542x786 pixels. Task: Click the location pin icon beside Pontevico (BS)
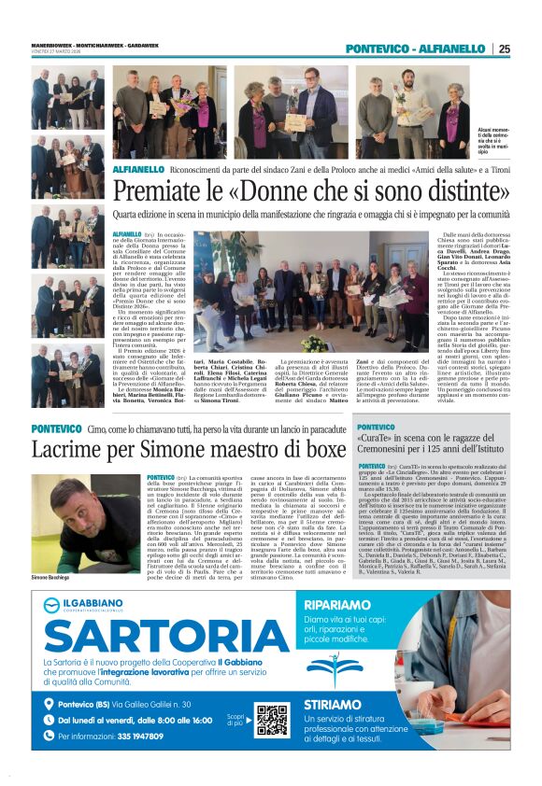50,704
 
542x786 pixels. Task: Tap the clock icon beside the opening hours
50,721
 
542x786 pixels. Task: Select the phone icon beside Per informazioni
50,737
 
